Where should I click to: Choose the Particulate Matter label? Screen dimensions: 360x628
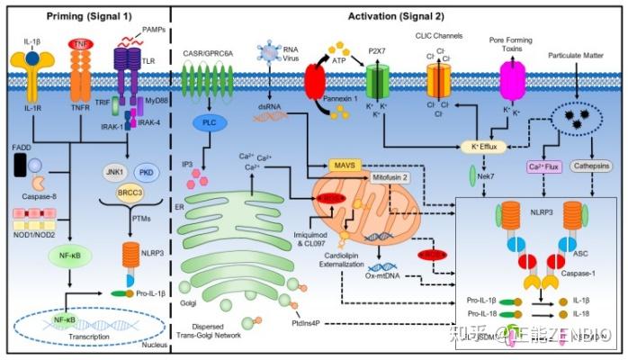point(579,57)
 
